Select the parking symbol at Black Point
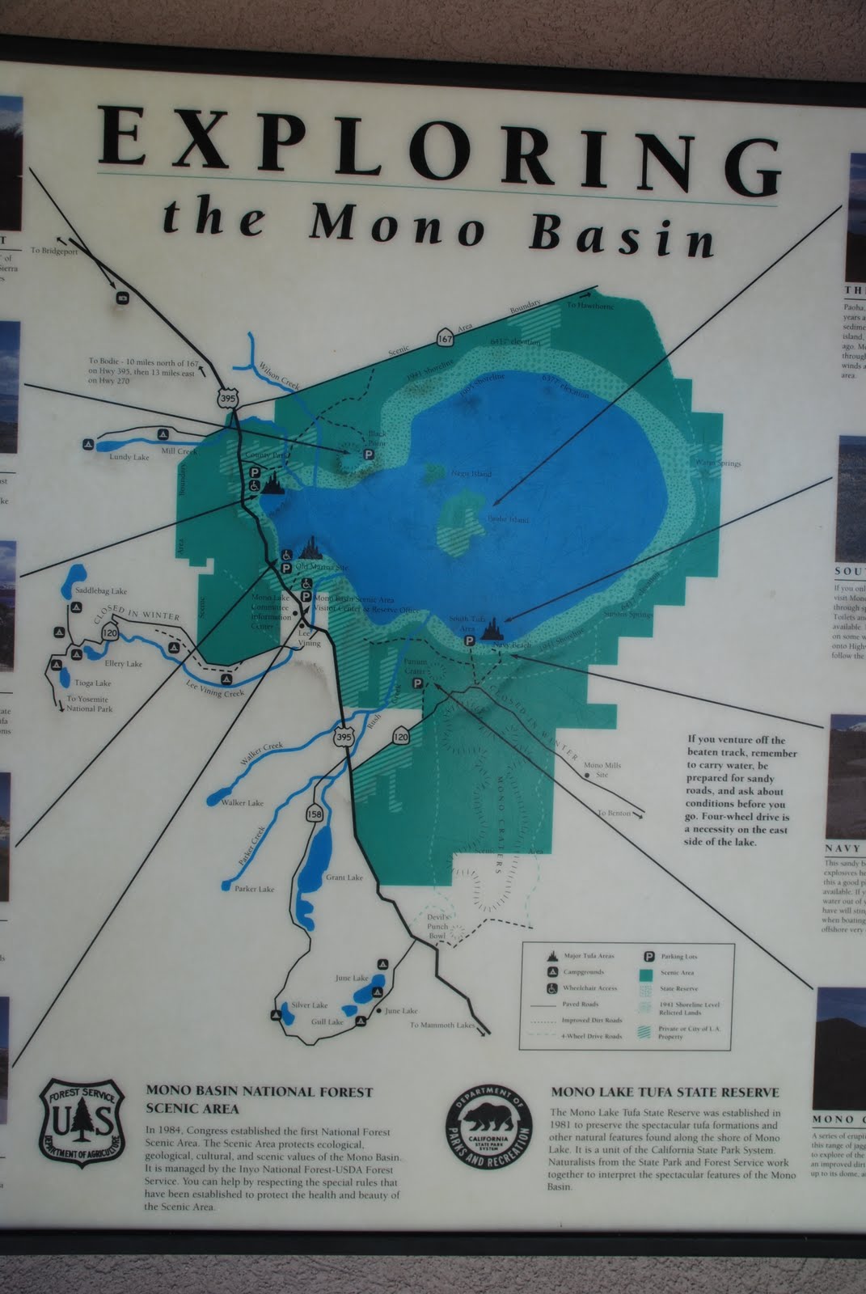click(x=368, y=455)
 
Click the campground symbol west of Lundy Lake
click(x=87, y=444)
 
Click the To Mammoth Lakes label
click(x=441, y=1025)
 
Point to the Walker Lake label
click(x=243, y=803)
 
